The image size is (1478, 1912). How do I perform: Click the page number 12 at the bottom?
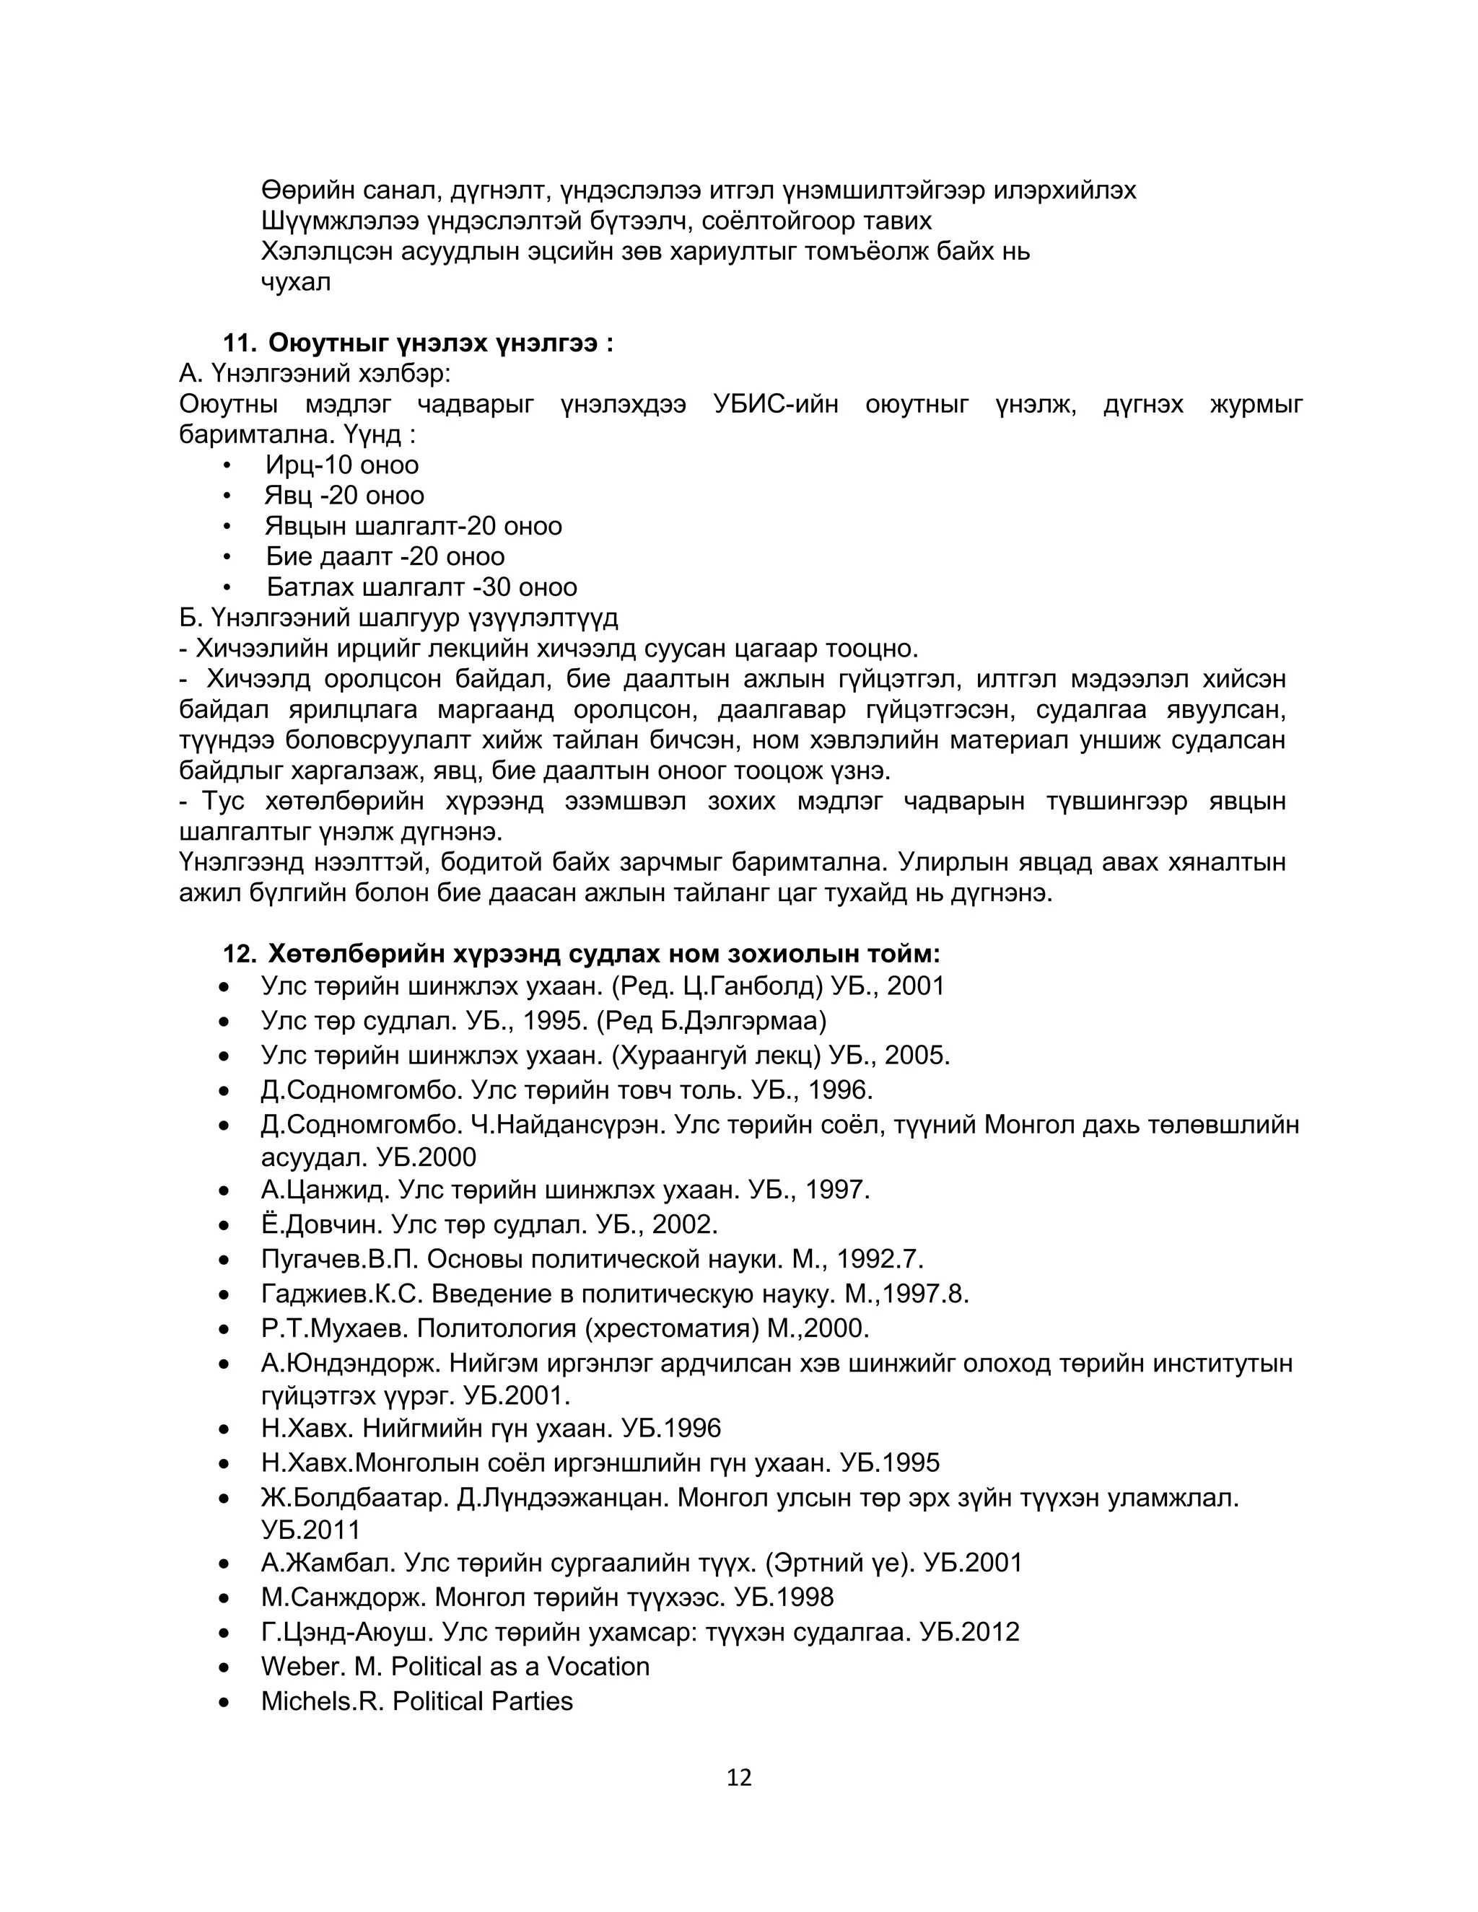pos(739,1778)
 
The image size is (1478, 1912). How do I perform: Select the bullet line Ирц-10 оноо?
pos(341,465)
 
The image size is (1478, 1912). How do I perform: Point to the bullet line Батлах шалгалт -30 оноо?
pos(421,587)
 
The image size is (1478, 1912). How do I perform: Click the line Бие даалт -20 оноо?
pos(385,557)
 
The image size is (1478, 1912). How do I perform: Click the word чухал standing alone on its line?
pos(296,283)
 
